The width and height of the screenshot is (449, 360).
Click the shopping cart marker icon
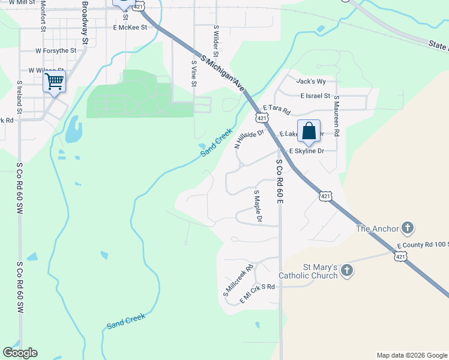[54, 81]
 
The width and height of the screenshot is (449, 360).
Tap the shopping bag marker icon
[309, 130]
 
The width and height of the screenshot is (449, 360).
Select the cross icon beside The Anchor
[408, 228]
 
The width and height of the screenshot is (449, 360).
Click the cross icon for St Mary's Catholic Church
[347, 271]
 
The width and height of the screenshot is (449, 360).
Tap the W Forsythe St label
[56, 51]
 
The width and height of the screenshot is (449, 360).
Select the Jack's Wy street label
[311, 81]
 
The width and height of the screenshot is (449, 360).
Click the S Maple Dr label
[258, 206]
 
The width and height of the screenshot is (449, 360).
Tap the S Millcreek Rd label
[238, 280]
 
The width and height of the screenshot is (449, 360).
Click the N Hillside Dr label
[249, 139]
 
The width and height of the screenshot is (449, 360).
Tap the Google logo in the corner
[20, 353]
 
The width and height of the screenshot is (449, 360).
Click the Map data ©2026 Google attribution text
[411, 355]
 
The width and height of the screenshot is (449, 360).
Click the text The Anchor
[378, 228]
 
